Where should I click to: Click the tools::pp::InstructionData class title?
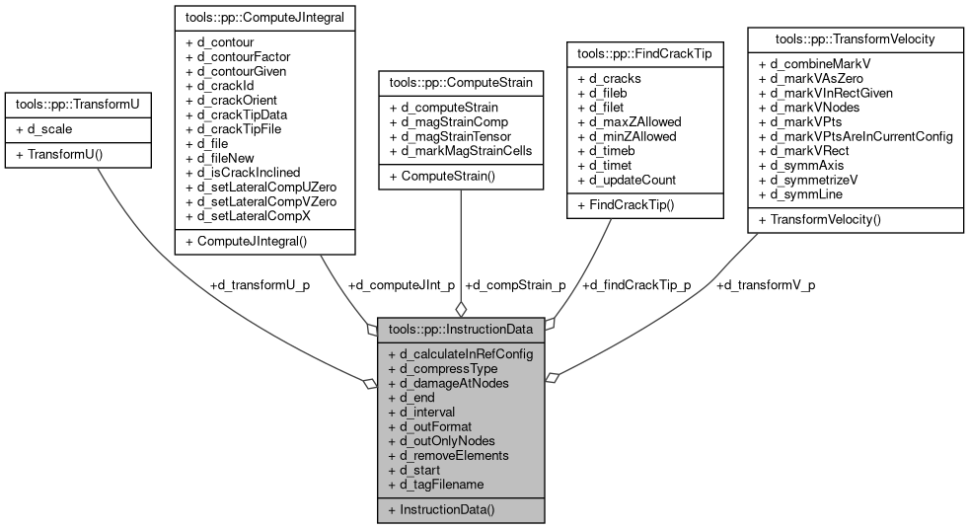[461, 329]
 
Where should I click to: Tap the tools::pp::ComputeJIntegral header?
[264, 17]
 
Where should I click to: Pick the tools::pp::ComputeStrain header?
[460, 84]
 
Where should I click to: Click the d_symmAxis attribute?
[801, 166]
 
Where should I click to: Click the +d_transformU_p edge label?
[259, 285]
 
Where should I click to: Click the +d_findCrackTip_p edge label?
[636, 285]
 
